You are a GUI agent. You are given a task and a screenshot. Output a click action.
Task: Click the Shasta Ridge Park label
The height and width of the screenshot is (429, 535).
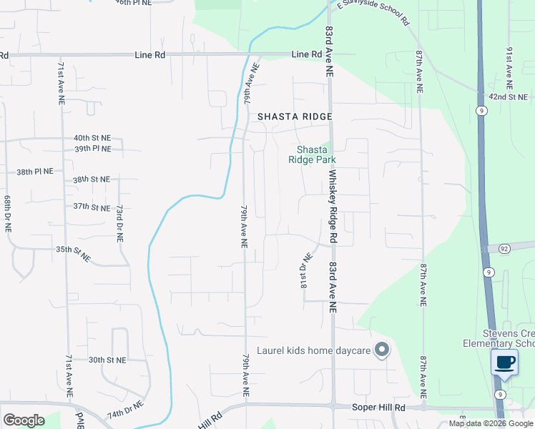click(x=312, y=154)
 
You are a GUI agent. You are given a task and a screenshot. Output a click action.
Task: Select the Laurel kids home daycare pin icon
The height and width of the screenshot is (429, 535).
click(x=382, y=350)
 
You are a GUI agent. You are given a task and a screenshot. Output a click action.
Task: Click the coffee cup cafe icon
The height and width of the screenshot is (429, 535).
click(x=506, y=362)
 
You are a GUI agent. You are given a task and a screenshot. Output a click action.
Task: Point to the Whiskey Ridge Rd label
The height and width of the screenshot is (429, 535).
click(x=333, y=207)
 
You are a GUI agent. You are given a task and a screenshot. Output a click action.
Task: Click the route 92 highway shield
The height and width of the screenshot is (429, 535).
click(x=504, y=248)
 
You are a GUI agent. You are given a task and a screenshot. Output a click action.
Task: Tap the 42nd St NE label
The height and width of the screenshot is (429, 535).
click(x=508, y=97)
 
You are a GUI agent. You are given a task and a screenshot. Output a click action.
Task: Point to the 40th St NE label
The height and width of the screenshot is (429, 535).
click(x=92, y=137)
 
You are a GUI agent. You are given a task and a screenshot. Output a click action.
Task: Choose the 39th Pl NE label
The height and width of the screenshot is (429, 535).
click(x=92, y=149)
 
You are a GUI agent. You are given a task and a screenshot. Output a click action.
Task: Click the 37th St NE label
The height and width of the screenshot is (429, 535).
click(x=92, y=207)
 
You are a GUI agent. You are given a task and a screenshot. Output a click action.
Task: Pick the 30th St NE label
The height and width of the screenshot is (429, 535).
click(x=107, y=360)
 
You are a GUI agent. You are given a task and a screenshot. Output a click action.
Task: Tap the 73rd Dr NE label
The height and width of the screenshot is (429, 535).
click(x=120, y=223)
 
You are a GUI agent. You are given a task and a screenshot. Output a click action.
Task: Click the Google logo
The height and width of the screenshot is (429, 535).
click(x=24, y=420)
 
